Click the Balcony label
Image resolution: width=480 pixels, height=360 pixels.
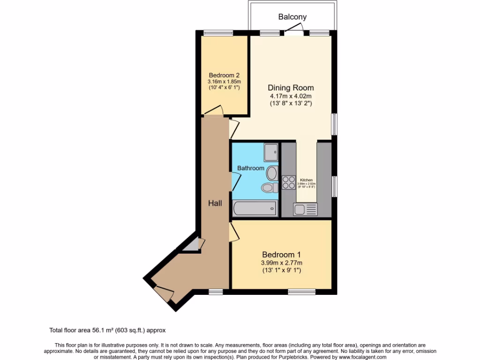(292, 17)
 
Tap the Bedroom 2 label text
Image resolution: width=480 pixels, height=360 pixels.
(224, 75)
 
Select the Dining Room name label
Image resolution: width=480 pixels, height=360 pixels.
(291, 88)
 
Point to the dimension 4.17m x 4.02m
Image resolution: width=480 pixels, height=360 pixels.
(291, 96)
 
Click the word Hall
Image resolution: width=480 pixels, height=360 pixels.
(215, 203)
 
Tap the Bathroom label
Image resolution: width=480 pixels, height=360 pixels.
(250, 168)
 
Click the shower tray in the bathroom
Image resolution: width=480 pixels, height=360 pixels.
(270, 152)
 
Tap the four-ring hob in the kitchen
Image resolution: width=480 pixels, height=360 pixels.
(288, 182)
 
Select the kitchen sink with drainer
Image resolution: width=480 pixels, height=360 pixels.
(305, 209)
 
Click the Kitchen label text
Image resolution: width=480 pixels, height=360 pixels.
(307, 180)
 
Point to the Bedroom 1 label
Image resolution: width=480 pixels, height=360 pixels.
(281, 255)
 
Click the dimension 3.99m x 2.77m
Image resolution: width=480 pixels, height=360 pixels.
(281, 262)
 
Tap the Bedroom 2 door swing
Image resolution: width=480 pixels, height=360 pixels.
(213, 111)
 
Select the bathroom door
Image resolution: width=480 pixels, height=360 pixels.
(235, 180)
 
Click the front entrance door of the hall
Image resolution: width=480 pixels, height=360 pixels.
(163, 293)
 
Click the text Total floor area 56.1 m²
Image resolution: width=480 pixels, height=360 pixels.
(107, 330)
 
